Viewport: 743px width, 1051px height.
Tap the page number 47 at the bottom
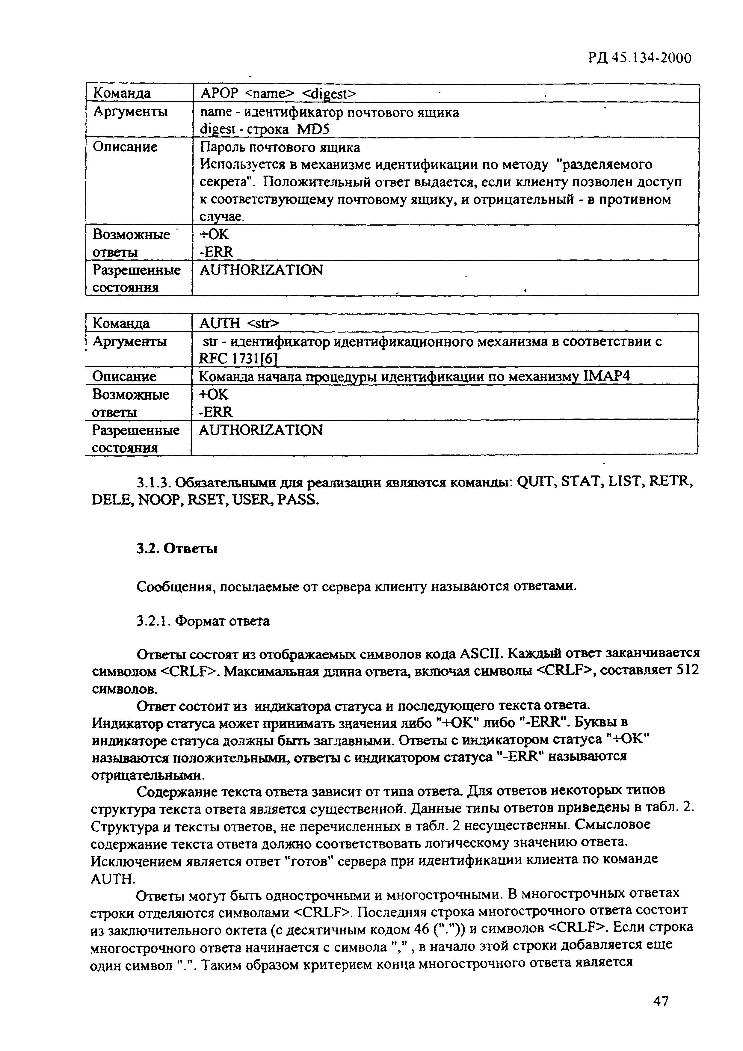[661, 1002]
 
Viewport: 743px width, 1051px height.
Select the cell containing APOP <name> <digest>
[277, 93]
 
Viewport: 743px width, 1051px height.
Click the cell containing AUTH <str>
[238, 323]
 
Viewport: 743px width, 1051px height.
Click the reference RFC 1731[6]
[238, 359]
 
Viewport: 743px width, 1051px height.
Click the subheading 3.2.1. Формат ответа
[203, 621]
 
